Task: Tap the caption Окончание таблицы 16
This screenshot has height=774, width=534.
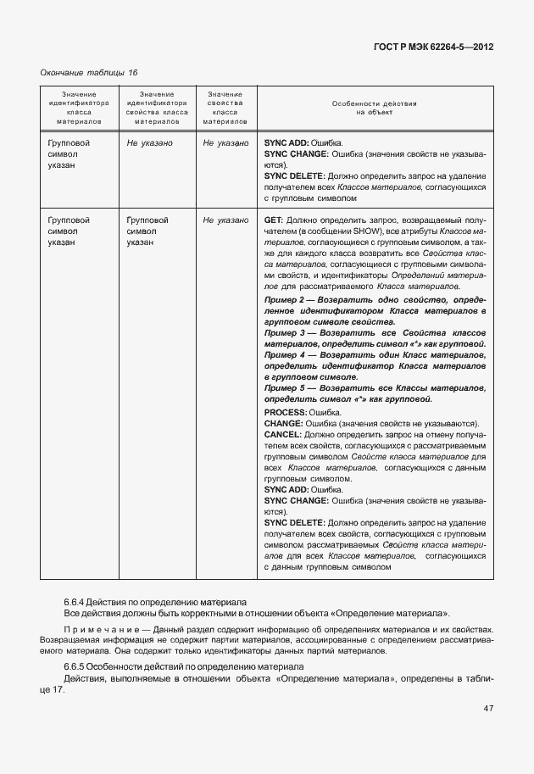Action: (x=89, y=73)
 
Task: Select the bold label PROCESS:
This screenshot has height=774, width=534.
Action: (x=287, y=412)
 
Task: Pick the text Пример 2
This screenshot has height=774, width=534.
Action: (x=284, y=301)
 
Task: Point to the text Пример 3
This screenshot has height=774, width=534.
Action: (x=284, y=334)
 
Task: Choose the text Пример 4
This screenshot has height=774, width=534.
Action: (x=284, y=356)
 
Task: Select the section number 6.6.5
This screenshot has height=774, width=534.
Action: (x=77, y=667)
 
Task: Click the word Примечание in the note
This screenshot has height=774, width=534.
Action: (x=94, y=630)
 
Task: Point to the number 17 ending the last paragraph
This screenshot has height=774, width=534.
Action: (x=58, y=689)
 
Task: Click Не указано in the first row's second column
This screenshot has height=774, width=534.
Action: (x=150, y=143)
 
